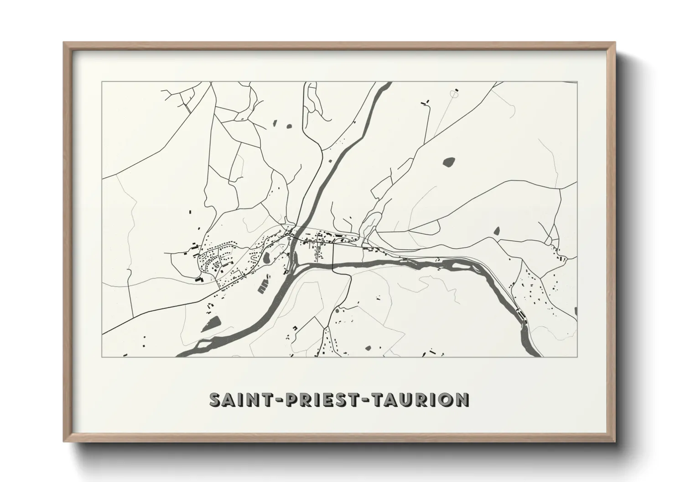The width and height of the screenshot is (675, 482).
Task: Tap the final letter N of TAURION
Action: [x=462, y=400]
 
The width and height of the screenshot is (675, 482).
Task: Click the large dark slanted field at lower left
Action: [x=211, y=324]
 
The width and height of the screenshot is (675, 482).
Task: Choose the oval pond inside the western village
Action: [x=265, y=259]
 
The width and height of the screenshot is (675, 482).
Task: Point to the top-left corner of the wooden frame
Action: [x=64, y=43]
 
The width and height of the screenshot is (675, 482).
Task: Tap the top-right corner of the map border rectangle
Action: [x=577, y=82]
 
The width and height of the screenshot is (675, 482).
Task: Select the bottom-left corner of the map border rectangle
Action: [x=102, y=357]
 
